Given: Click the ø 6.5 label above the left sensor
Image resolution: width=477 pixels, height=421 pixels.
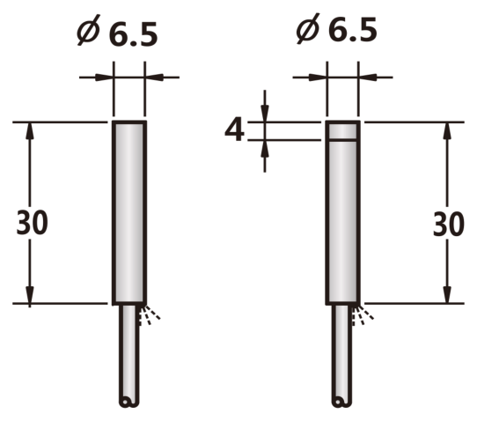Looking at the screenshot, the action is [x=117, y=31].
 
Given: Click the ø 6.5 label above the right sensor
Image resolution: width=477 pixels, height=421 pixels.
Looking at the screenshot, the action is [x=336, y=28].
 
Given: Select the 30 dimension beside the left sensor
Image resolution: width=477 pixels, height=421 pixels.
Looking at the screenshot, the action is [x=32, y=223].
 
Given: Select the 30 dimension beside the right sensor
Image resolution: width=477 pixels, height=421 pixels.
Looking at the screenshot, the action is [x=449, y=225].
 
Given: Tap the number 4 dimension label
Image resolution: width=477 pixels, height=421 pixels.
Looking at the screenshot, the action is [x=234, y=130].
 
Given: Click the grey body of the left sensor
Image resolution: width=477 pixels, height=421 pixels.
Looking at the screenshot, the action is [x=129, y=213].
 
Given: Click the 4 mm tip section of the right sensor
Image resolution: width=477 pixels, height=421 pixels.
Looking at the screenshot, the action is [x=343, y=131].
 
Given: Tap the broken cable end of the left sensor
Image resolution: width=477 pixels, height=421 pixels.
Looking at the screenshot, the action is [x=128, y=402].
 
